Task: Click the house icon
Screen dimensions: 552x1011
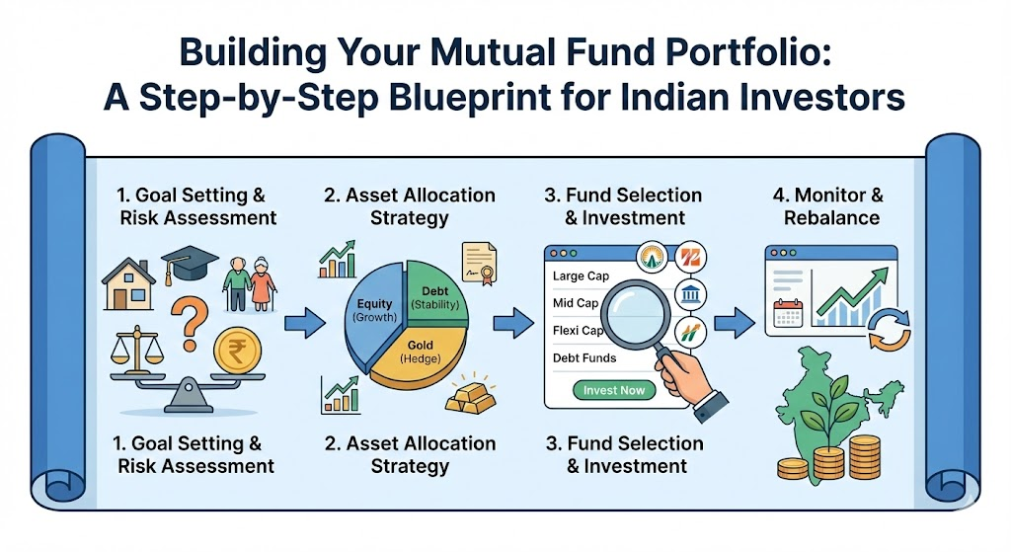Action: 131,285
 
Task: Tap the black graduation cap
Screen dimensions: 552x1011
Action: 190,265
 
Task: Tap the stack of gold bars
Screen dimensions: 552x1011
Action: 471,396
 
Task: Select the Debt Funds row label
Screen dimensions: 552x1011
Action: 585,357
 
